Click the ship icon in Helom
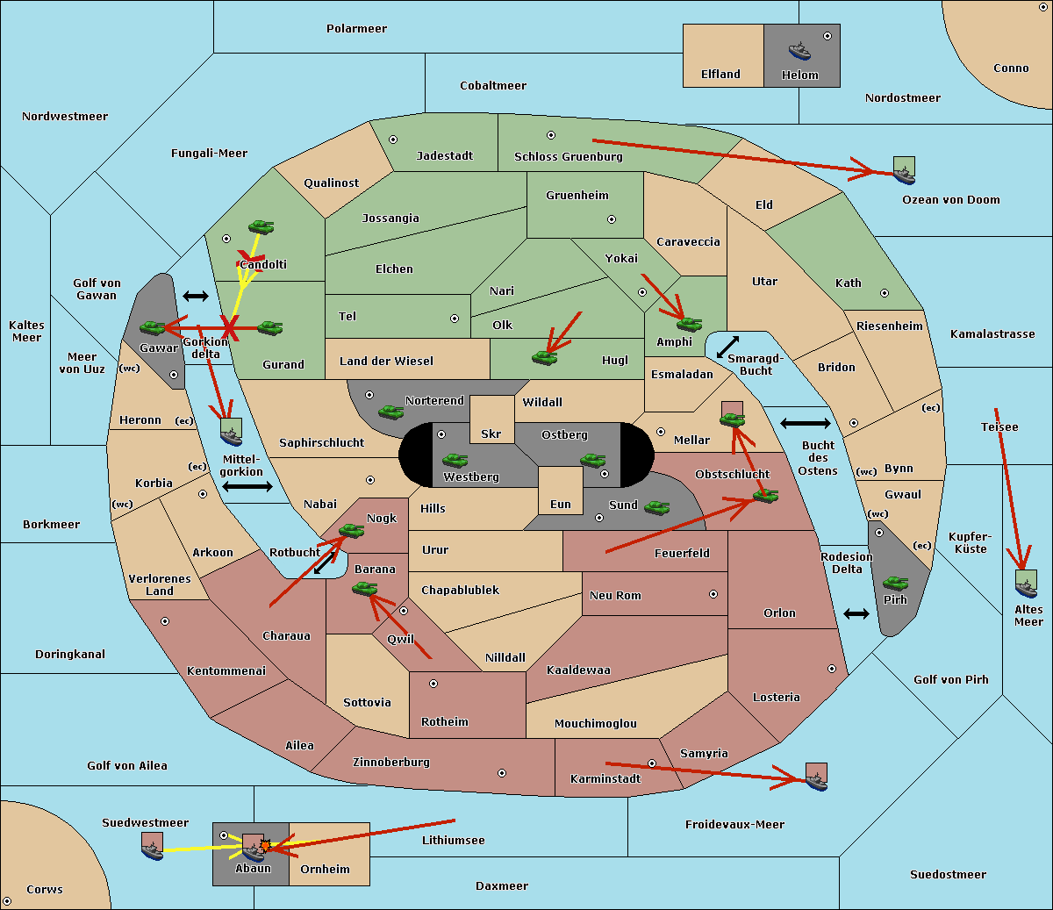(799, 51)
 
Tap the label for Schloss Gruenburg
(568, 156)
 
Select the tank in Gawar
(153, 327)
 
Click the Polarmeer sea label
(356, 29)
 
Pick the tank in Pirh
(895, 584)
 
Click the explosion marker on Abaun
(265, 845)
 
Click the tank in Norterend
(390, 412)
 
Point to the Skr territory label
(491, 434)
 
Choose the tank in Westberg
(455, 461)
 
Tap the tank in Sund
(656, 507)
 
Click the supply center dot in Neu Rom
(713, 594)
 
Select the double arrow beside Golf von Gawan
(196, 296)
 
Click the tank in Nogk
(352, 530)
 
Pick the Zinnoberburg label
(391, 762)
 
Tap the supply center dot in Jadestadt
(393, 140)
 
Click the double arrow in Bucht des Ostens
(806, 423)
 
